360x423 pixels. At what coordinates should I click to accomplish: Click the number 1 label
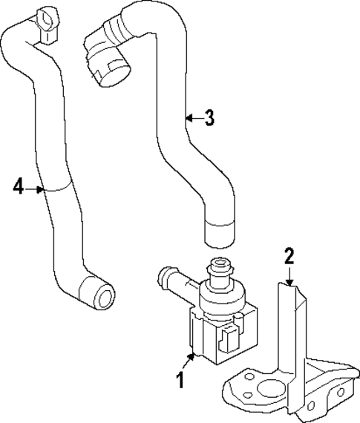click(x=179, y=381)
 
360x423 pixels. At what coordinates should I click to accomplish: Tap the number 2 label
click(x=289, y=257)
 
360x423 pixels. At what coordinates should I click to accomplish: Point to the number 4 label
click(x=19, y=186)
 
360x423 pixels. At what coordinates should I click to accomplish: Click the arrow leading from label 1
click(x=189, y=363)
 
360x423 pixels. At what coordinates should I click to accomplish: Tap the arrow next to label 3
click(x=192, y=117)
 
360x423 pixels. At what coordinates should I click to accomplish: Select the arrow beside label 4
click(x=36, y=189)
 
